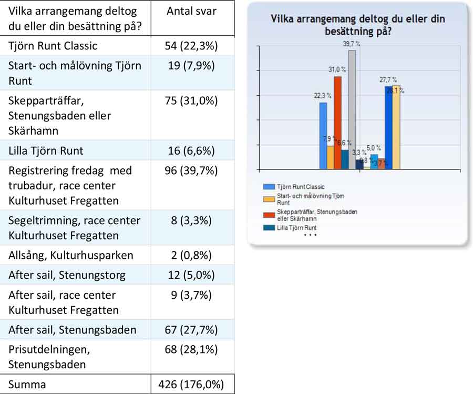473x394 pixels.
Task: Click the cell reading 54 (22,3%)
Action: tap(192, 46)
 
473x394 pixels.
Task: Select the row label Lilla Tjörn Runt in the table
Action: tap(46, 151)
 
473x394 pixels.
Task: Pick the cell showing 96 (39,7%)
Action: tap(192, 171)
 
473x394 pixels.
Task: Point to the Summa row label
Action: tap(27, 385)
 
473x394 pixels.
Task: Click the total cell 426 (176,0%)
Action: tap(192, 385)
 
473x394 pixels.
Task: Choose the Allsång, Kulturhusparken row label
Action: tap(70, 256)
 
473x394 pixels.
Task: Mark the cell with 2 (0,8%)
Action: tap(192, 256)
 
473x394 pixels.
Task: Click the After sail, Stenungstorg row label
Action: tap(67, 275)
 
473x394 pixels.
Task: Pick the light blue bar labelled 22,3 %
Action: tap(323, 135)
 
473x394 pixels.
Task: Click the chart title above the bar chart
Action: tap(357, 25)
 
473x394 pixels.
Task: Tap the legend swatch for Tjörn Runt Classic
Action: tap(269, 187)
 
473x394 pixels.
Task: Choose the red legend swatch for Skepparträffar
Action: tap(269, 215)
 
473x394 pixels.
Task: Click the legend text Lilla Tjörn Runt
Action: tap(296, 228)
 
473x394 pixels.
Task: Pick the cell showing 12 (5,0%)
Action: tap(192, 275)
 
